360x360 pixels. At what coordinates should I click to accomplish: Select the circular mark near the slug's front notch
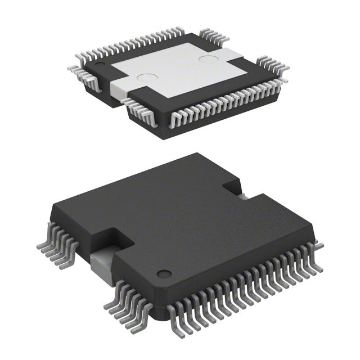coord(147,80)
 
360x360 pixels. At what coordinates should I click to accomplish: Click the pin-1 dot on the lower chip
coord(164,274)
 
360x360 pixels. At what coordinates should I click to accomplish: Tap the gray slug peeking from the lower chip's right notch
coord(241,196)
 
